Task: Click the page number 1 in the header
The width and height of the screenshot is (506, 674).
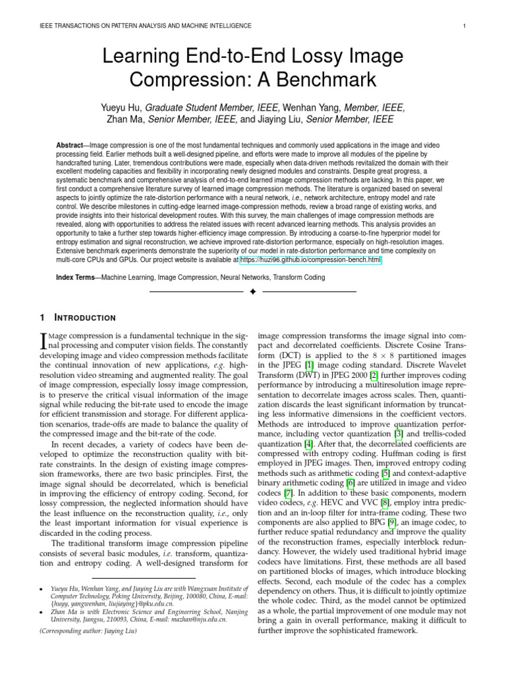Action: [464, 26]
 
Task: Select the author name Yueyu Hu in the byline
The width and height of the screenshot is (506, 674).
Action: [121, 108]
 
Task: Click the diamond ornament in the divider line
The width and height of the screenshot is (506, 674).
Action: [252, 291]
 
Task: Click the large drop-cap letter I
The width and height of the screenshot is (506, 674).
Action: [45, 340]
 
